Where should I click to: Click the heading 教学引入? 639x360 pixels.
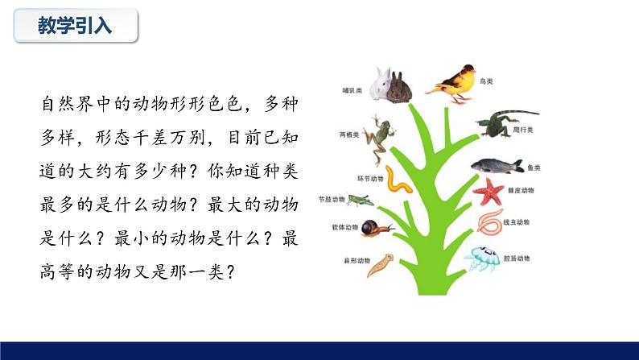coord(75,26)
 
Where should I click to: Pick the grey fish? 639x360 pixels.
coord(497,166)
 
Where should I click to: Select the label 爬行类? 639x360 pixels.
coord(525,130)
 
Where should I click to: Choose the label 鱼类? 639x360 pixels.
coord(533,168)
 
